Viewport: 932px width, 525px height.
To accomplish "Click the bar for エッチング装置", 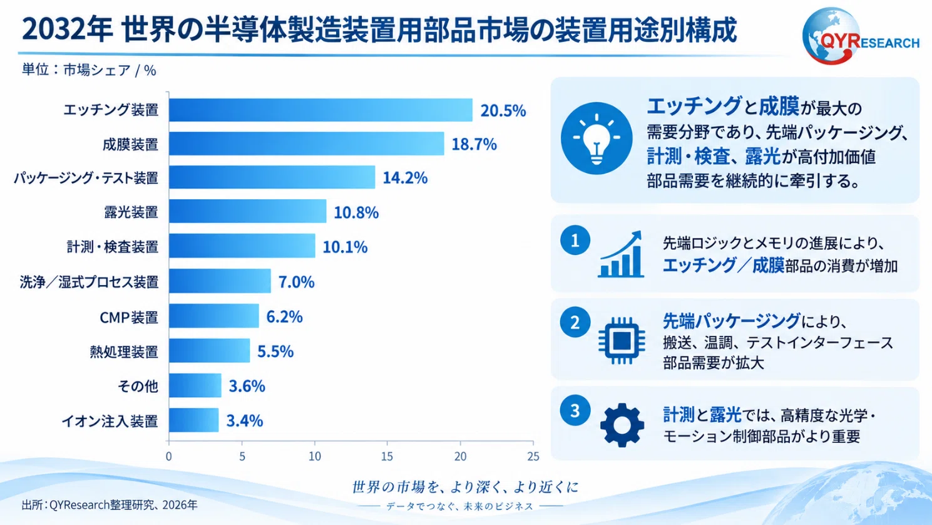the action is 321,110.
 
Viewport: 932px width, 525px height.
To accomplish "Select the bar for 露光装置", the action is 248,212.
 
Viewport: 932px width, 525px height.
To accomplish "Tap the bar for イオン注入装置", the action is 193,420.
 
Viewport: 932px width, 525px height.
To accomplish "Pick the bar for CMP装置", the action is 214,316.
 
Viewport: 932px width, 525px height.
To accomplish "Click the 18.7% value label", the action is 474,144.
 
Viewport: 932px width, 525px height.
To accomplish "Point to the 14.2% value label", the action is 405,178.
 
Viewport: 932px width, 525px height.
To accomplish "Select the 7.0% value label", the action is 296,282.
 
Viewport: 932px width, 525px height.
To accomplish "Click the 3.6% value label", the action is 247,386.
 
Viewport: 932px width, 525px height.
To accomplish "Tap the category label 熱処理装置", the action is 124,352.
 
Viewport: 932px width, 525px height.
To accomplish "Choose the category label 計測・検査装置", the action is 112,246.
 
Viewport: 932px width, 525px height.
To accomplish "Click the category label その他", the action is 138,387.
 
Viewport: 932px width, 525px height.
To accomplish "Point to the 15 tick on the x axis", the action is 387,456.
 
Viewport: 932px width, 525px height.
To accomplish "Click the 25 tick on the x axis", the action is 533,456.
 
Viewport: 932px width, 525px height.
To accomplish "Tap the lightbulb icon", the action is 597,138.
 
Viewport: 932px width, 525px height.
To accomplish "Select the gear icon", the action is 622,425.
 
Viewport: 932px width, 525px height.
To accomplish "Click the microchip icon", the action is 622,341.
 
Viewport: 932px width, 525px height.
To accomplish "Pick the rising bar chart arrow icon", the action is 621,254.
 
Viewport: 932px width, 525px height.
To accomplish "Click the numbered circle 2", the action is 575,322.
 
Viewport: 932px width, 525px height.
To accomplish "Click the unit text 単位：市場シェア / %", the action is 89,70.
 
